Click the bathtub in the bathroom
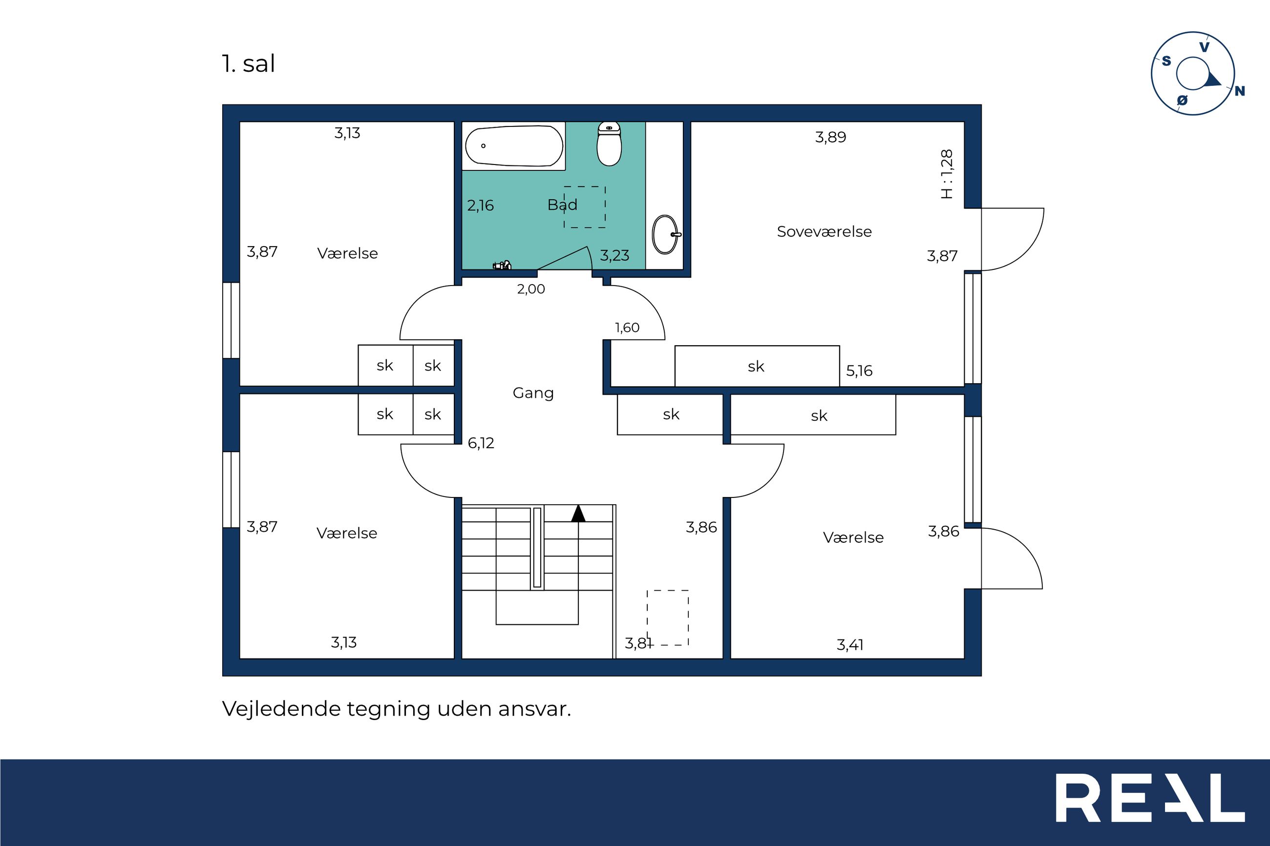[514, 145]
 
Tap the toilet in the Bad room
[610, 144]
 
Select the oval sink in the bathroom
[667, 235]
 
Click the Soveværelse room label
[824, 231]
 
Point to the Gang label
[533, 393]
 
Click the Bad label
[562, 205]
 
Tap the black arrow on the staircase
[578, 513]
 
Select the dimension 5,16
[859, 371]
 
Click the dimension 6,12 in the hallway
[481, 443]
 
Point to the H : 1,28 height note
[947, 174]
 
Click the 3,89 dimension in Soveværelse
[831, 137]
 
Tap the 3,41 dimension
[850, 645]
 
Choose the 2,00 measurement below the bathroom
[531, 289]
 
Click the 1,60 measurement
[627, 328]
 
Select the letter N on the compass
[1240, 91]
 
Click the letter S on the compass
[1166, 61]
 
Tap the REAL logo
[1150, 798]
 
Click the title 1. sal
[248, 63]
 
